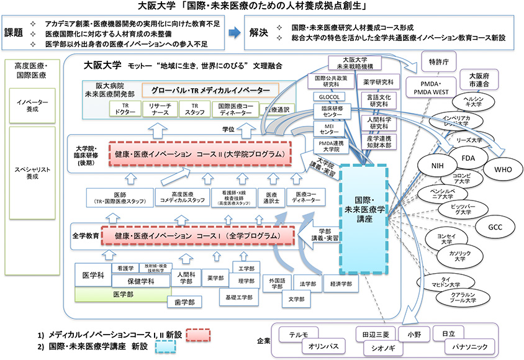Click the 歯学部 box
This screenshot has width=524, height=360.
pyautogui.click(x=183, y=302)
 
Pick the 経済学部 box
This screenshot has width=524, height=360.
pyautogui.click(x=341, y=283)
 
